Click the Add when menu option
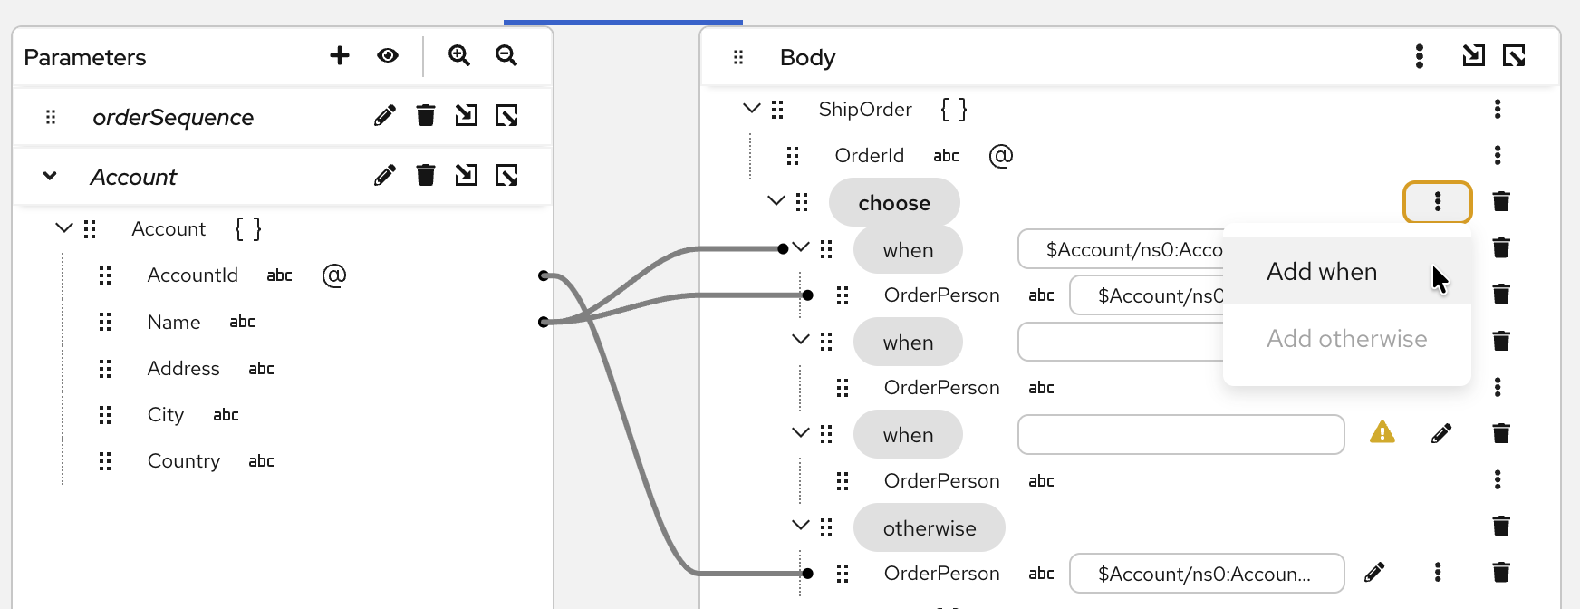(1322, 272)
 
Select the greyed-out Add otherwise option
(1346, 339)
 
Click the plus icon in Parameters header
(340, 56)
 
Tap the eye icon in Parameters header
(388, 56)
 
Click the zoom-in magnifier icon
(459, 56)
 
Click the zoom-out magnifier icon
(506, 56)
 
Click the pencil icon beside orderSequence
(385, 116)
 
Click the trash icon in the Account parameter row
(426, 175)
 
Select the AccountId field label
(192, 275)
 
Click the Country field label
(183, 461)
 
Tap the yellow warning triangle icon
(1382, 432)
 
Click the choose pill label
(894, 203)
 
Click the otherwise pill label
(930, 528)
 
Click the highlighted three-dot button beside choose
(1438, 202)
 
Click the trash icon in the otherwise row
(1501, 526)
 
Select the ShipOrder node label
(865, 110)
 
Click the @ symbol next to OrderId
(1001, 156)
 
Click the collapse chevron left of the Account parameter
(50, 176)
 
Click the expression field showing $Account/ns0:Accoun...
(1206, 574)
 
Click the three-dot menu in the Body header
(1420, 56)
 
